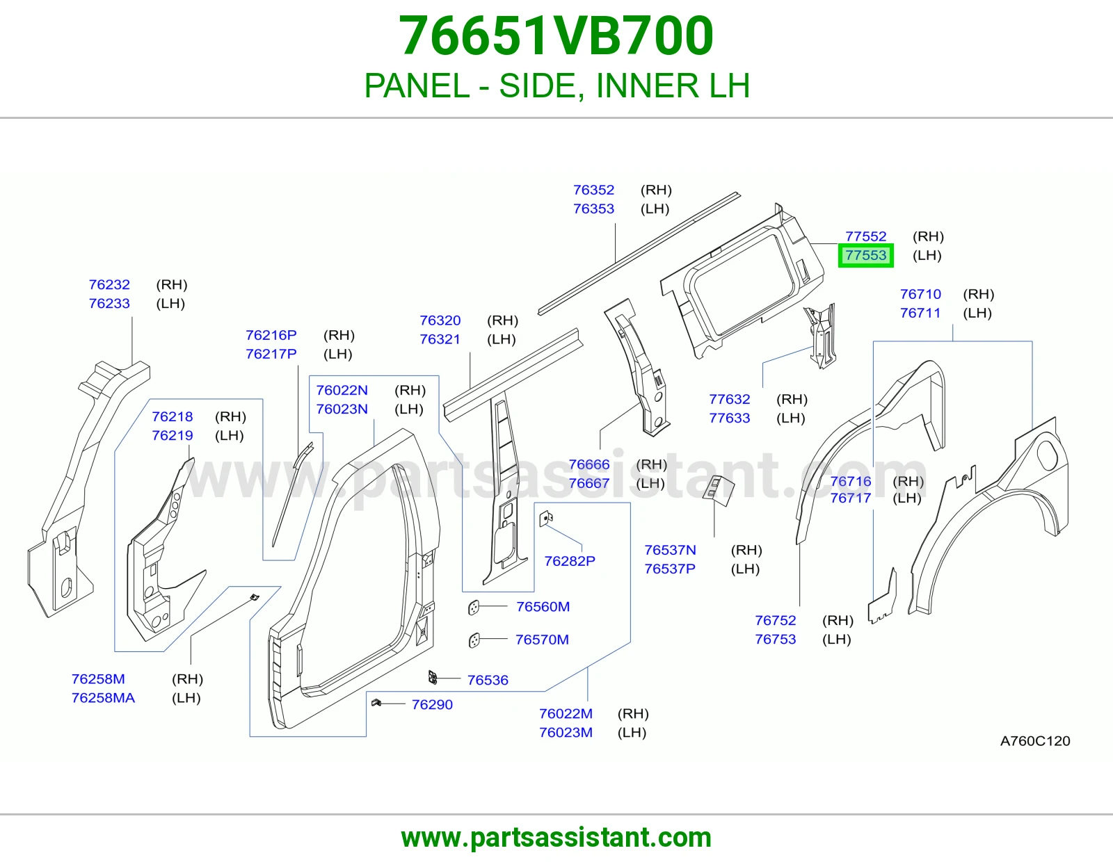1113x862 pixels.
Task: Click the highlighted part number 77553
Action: point(865,255)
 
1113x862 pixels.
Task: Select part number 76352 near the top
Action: point(593,190)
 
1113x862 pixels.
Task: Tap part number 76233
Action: point(109,304)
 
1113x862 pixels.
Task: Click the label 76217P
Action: point(271,354)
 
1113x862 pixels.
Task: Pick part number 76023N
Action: point(342,409)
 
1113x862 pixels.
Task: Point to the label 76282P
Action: point(570,561)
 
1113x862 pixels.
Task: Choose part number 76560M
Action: point(543,607)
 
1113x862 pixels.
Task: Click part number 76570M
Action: point(542,640)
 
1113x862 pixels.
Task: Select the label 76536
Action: point(488,680)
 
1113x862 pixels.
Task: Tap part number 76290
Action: point(432,704)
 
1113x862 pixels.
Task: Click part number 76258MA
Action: point(103,698)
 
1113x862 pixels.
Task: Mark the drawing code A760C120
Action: point(1035,740)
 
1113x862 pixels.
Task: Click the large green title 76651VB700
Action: point(556,35)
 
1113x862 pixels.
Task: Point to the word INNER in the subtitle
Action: point(648,86)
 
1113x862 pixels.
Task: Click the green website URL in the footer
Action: point(556,838)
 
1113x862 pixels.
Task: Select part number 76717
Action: point(851,498)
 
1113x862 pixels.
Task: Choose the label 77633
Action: point(730,418)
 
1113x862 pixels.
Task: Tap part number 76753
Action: point(776,640)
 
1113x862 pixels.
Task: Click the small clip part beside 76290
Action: point(376,703)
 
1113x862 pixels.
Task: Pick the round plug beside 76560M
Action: point(474,607)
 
